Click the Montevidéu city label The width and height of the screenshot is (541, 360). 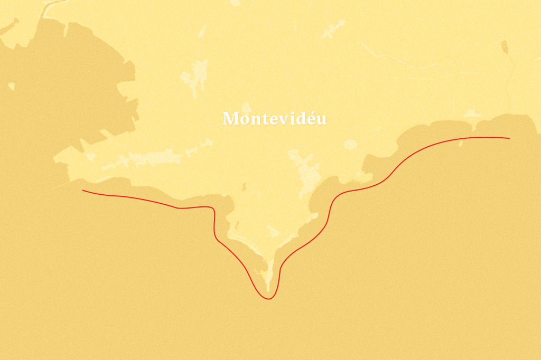274,118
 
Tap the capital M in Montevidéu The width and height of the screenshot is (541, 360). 229,119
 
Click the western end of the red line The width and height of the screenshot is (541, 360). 83,190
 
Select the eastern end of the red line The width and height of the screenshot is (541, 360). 509,138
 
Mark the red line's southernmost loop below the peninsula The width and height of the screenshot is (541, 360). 268,298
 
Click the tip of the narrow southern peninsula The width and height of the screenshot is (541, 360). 268,290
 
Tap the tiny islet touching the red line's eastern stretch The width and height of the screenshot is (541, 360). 461,143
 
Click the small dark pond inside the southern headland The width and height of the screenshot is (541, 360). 244,186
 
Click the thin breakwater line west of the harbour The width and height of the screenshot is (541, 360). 61,185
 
